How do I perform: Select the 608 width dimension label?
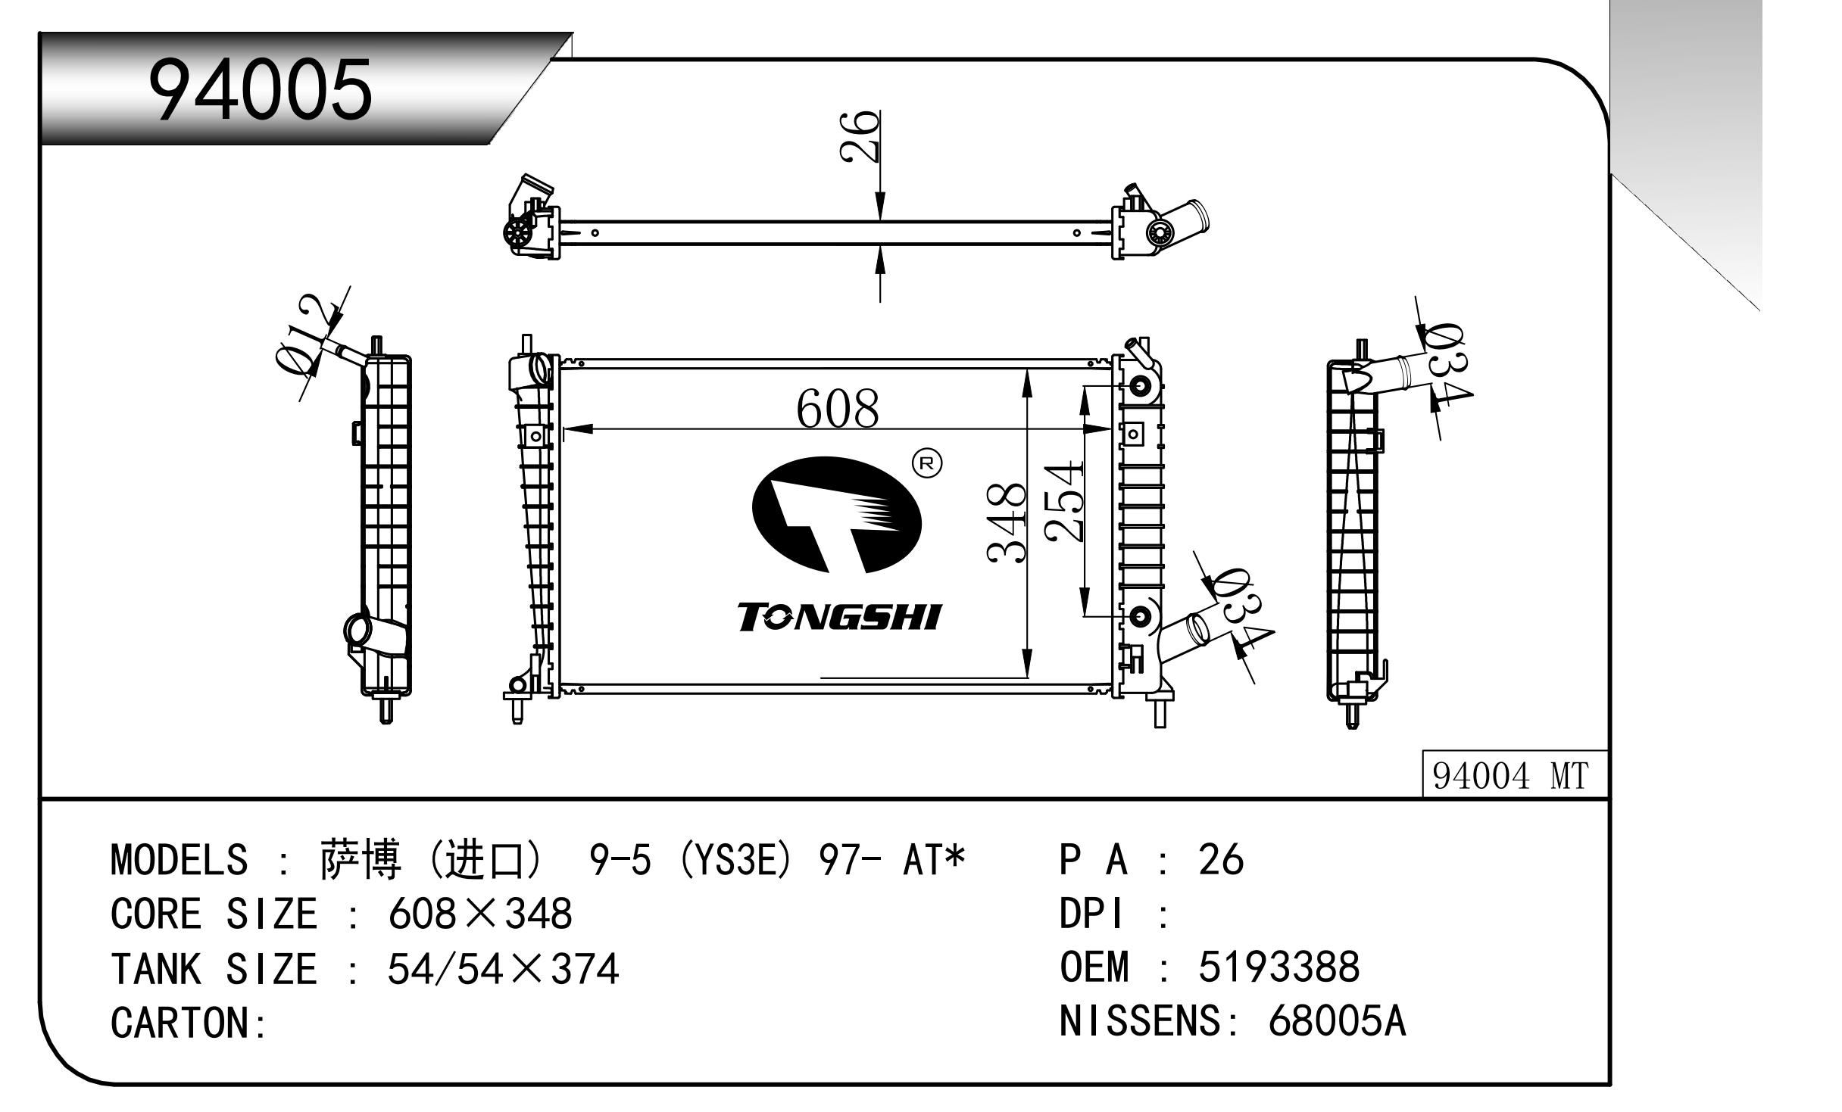tap(838, 410)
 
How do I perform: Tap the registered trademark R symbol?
tap(926, 463)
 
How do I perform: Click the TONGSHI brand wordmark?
tap(838, 618)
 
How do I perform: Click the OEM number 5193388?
tap(1279, 967)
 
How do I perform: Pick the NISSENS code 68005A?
tap(1337, 1022)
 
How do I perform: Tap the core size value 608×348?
tap(480, 914)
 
